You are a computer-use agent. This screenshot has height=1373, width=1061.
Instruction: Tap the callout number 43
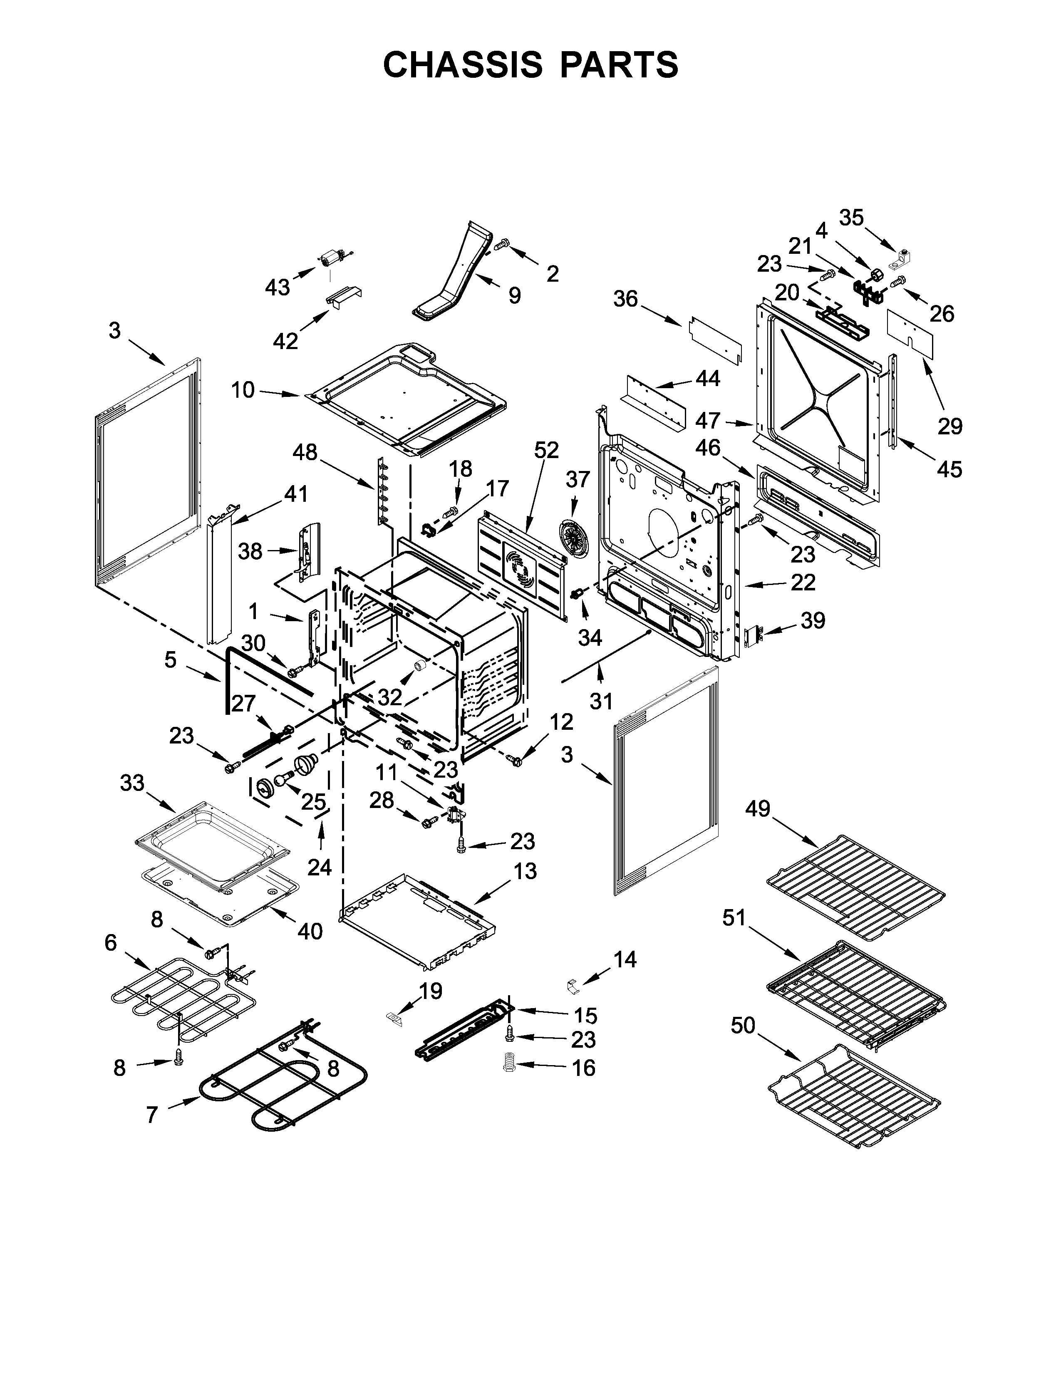[x=277, y=287]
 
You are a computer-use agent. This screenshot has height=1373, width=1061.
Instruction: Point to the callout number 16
[x=583, y=1068]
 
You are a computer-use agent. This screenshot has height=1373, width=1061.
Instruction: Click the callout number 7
[x=151, y=1115]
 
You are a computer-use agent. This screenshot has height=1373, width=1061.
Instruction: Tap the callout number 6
[x=111, y=943]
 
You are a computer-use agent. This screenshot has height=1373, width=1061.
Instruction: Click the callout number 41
[x=295, y=494]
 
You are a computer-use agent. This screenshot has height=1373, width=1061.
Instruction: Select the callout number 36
[x=625, y=299]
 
